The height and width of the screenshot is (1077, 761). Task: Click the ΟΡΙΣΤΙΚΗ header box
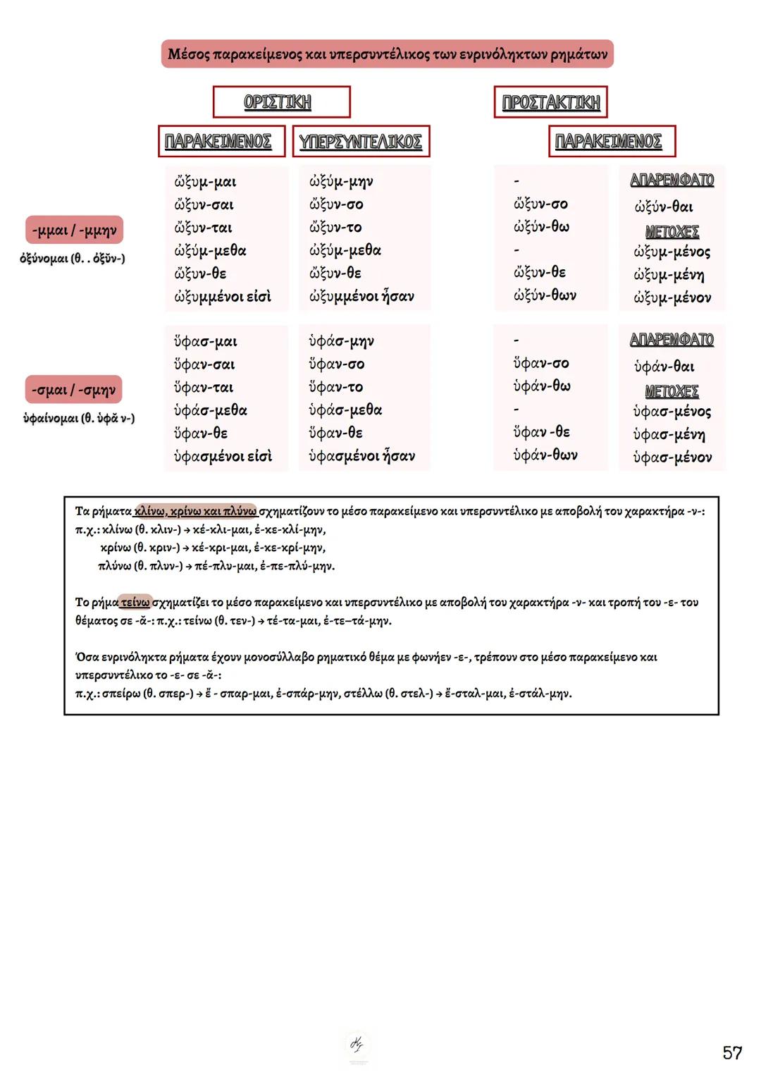click(x=281, y=102)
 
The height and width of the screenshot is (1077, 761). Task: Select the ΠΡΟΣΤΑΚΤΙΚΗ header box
click(x=550, y=102)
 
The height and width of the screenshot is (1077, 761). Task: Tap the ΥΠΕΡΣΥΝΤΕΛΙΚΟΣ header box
click(x=360, y=142)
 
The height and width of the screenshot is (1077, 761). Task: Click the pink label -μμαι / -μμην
click(x=74, y=230)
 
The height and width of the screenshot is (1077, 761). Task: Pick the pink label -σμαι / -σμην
click(x=74, y=390)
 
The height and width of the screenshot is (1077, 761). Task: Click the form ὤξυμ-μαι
click(x=205, y=182)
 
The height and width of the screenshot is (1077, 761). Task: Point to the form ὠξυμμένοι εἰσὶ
click(x=223, y=297)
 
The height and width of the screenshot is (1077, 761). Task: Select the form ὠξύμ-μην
click(x=341, y=181)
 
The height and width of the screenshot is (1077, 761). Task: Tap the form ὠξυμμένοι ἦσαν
click(x=361, y=297)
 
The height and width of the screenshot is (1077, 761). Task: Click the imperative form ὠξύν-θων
click(x=545, y=295)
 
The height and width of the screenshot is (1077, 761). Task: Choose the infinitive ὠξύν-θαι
click(x=663, y=207)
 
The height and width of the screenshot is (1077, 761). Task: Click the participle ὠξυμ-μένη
click(x=669, y=275)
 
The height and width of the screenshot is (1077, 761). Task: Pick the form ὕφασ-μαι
click(x=206, y=342)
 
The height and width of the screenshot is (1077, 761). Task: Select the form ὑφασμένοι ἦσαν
click(x=361, y=456)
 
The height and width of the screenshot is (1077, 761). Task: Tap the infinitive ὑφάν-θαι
click(x=664, y=367)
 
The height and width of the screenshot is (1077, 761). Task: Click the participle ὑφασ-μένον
click(x=672, y=457)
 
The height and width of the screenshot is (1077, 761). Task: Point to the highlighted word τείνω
click(x=135, y=603)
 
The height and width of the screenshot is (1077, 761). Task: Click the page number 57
click(x=732, y=1053)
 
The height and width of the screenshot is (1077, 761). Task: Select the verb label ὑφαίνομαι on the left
click(x=51, y=419)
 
